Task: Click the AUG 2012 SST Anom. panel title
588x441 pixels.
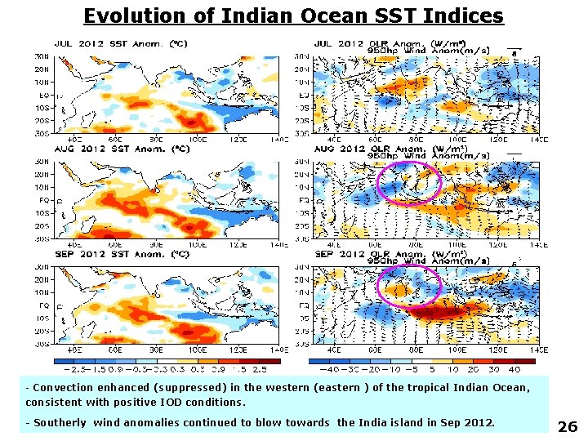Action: click(122, 149)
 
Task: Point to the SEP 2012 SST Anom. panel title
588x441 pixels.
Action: click(122, 254)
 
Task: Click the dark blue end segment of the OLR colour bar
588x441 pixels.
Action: click(319, 360)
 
